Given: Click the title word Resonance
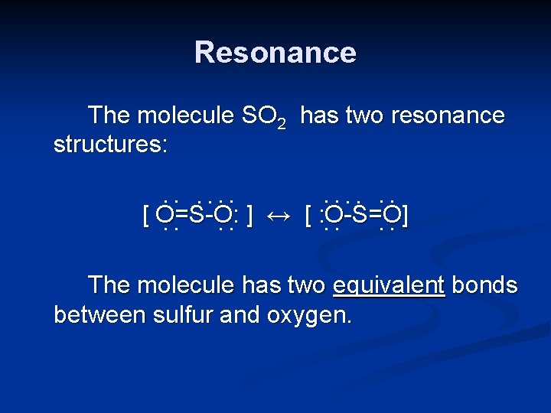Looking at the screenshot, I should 275,53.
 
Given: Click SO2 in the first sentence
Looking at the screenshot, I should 263,117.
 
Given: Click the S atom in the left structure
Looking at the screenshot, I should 196,216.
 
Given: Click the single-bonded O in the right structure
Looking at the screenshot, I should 333,216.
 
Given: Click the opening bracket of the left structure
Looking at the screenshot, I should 146,216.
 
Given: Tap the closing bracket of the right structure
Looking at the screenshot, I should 405,216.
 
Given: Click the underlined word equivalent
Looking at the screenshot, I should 389,286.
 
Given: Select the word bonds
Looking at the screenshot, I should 484,285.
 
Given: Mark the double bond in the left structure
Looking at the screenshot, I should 181,216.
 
